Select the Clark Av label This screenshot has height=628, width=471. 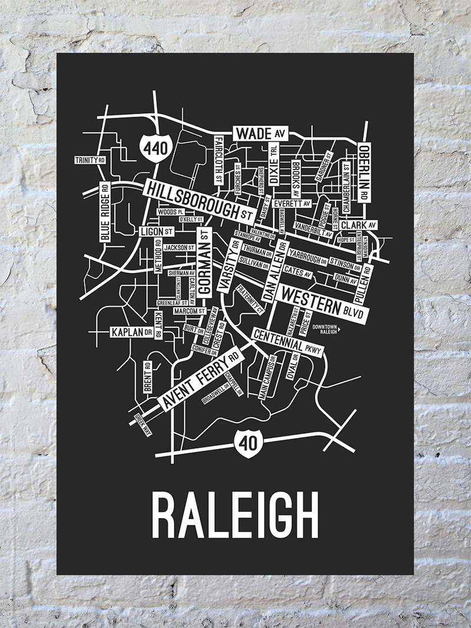coord(358,225)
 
